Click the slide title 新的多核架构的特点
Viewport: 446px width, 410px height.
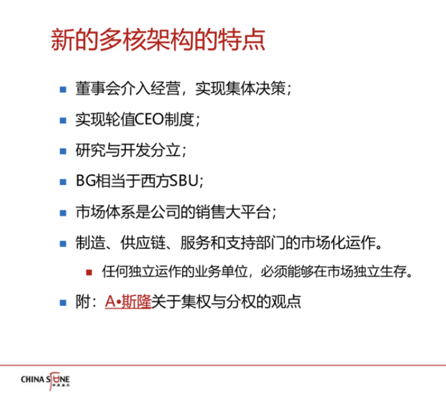pyautogui.click(x=158, y=40)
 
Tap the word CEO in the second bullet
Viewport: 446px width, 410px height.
pyautogui.click(x=149, y=120)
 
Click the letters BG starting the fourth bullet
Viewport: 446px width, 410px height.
pyautogui.click(x=85, y=181)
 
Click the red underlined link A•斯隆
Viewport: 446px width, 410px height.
pyautogui.click(x=128, y=301)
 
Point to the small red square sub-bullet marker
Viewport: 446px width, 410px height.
pyautogui.click(x=89, y=273)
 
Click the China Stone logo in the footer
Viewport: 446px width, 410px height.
pyautogui.click(x=45, y=381)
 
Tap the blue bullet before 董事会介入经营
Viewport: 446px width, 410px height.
pyautogui.click(x=63, y=90)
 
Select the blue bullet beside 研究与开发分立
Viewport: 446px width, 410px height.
pyautogui.click(x=63, y=151)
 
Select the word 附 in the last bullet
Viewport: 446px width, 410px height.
pyautogui.click(x=82, y=301)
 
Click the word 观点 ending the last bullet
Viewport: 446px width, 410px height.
pyautogui.click(x=286, y=301)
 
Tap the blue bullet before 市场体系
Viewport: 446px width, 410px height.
pyautogui.click(x=63, y=213)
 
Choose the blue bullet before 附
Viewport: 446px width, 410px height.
pyautogui.click(x=63, y=303)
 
